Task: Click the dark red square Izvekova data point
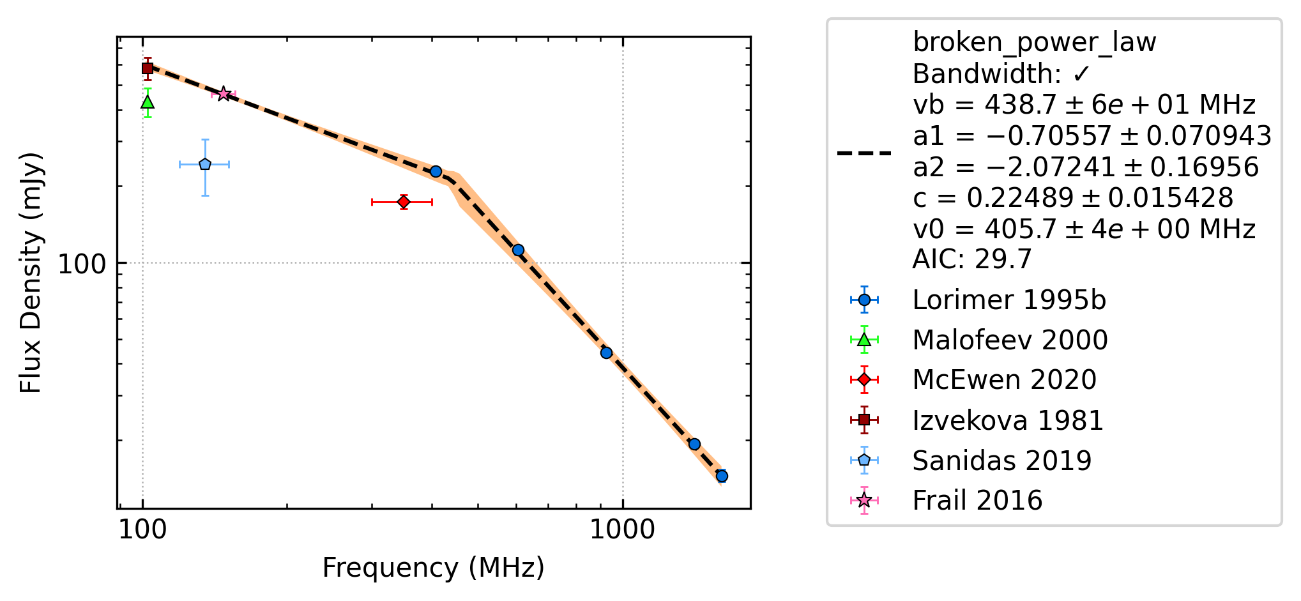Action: [148, 68]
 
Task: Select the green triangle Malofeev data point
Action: [148, 102]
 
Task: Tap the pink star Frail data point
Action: [224, 94]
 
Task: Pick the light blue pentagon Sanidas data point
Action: [205, 164]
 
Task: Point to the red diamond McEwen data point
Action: [404, 202]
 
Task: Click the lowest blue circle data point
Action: [722, 476]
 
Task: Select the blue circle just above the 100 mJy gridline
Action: [518, 250]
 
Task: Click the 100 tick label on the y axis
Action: [82, 264]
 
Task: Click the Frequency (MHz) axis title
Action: [433, 568]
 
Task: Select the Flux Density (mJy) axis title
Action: [31, 273]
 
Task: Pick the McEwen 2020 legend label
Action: [1005, 380]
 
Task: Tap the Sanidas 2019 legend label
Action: [1002, 460]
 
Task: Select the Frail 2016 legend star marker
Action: [864, 500]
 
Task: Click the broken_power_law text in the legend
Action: [1034, 43]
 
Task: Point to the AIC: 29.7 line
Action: [972, 259]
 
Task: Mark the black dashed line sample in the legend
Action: [864, 153]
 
